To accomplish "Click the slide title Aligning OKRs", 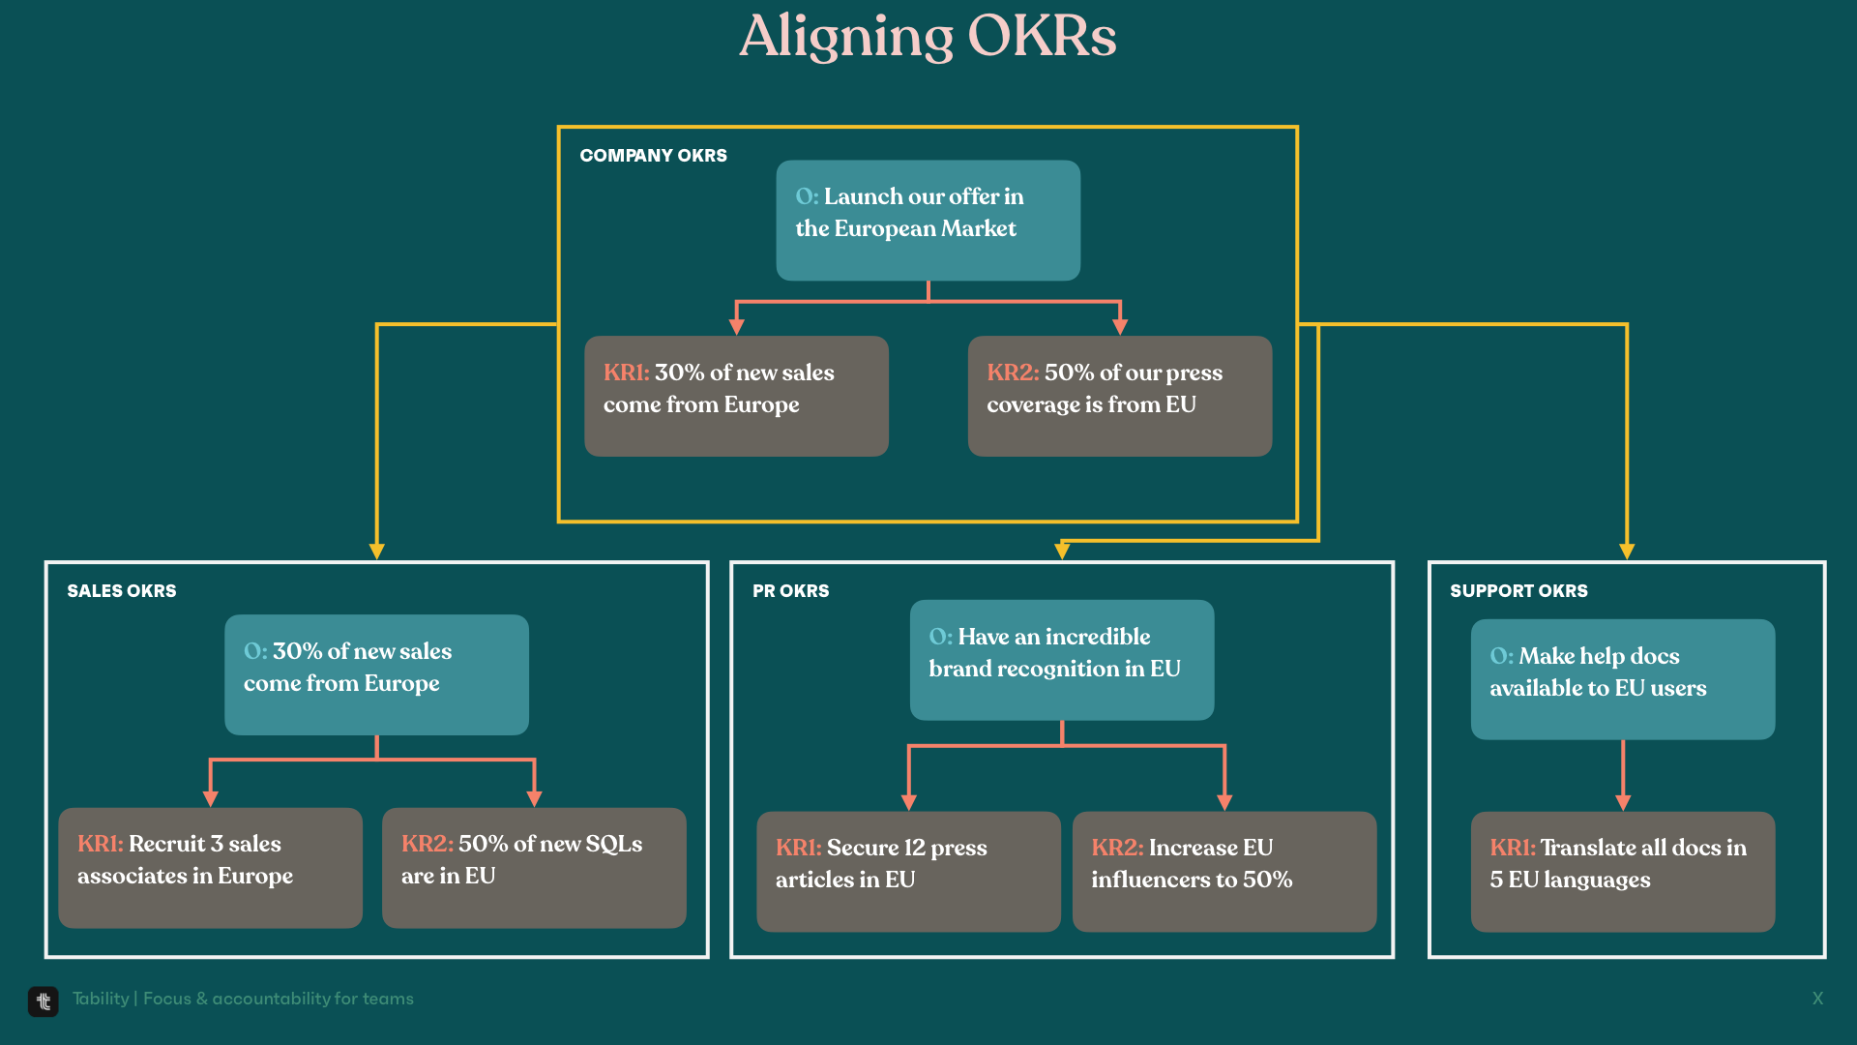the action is [928, 37].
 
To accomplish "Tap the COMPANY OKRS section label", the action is [653, 156].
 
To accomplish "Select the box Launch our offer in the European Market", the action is [928, 221].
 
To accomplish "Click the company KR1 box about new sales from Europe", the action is [736, 396].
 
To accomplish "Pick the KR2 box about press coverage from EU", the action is [1120, 396].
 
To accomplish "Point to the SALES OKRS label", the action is [122, 591].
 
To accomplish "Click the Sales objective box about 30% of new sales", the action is [376, 674].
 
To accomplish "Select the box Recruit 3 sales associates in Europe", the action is [210, 868].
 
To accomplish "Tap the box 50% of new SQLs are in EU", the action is [534, 868].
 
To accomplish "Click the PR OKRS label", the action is [791, 591].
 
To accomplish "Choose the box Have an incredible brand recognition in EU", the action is [1062, 660].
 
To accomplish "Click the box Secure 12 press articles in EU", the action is [908, 872].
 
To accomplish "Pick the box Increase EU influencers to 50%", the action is [1224, 872].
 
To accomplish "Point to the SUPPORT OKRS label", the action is [1518, 591].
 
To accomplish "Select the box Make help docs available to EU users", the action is [1623, 679].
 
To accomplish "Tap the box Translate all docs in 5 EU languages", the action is [1623, 872].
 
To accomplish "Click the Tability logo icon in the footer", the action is [44, 1001].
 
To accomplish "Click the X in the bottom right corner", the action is [1817, 999].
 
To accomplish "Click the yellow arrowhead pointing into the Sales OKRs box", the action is [377, 552].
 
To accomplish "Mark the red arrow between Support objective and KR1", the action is [1623, 776].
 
